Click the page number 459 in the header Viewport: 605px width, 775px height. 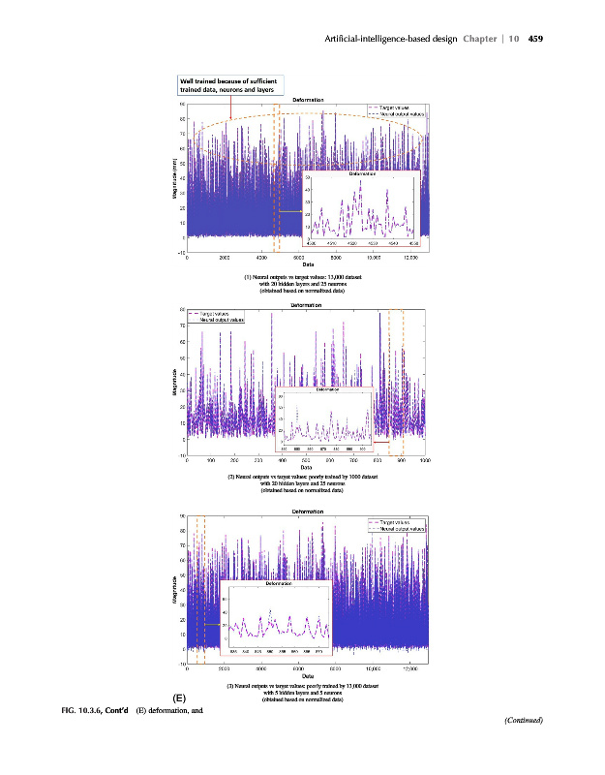534,39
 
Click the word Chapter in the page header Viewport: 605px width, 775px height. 480,39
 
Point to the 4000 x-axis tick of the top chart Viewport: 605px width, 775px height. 261,258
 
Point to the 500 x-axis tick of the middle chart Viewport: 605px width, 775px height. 306,458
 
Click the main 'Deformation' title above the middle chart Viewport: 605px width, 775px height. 307,304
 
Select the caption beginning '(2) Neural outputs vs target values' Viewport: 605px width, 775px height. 303,483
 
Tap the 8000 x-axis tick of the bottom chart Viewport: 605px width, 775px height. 336,668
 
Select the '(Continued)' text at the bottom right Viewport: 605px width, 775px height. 523,720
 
